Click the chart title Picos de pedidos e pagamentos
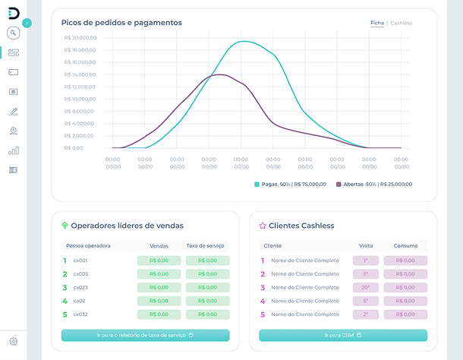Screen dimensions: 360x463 pos(121,23)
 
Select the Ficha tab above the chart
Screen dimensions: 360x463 pos(376,24)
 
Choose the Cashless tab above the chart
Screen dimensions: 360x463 pos(401,24)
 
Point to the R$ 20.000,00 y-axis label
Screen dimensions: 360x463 pos(80,38)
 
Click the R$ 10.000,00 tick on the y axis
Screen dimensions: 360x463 pos(80,99)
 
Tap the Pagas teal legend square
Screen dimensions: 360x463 pos(257,184)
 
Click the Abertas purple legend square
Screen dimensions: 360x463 pos(339,184)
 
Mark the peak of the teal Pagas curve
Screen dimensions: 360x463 pos(242,41)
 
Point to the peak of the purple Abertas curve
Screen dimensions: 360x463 pos(219,74)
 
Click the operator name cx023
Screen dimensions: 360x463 pos(80,288)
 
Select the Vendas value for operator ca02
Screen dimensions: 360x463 pos(159,301)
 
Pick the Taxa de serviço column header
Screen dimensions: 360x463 pos(207,246)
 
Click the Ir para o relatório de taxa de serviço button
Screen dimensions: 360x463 pos(145,335)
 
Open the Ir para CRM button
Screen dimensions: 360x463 pos(343,335)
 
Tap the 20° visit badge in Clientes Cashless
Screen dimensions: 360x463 pos(365,288)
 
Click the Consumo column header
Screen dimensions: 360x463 pos(405,246)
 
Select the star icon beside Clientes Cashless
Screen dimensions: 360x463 pos(263,226)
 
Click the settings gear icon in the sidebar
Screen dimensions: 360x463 pos(13,342)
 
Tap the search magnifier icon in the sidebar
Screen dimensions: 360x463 pos(13,33)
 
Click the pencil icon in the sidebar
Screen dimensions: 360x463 pos(13,112)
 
